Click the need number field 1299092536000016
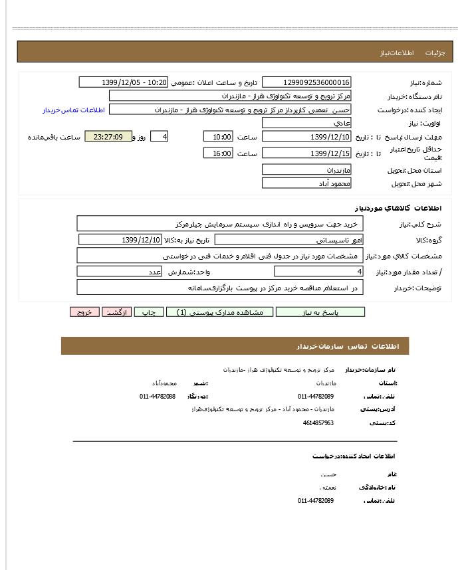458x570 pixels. coord(306,82)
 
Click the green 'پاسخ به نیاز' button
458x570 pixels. coord(320,312)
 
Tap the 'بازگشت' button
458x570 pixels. coord(117,312)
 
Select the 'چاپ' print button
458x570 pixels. coord(150,312)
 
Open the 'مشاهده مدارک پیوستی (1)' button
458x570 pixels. coord(219,312)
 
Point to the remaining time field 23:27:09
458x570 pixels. coord(108,137)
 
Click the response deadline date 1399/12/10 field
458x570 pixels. coord(306,137)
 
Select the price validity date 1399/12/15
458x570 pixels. coord(306,153)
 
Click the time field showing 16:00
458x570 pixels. coord(218,153)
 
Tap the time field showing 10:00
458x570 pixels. coord(218,137)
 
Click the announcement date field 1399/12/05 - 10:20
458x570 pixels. coord(124,82)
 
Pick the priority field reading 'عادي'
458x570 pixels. coord(306,123)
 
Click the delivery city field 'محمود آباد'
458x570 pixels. coord(306,183)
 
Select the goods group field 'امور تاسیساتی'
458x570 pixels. coord(288,240)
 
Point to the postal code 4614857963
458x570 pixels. coord(318,423)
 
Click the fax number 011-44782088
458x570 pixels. coord(158,397)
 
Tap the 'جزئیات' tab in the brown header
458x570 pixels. coord(435,52)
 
